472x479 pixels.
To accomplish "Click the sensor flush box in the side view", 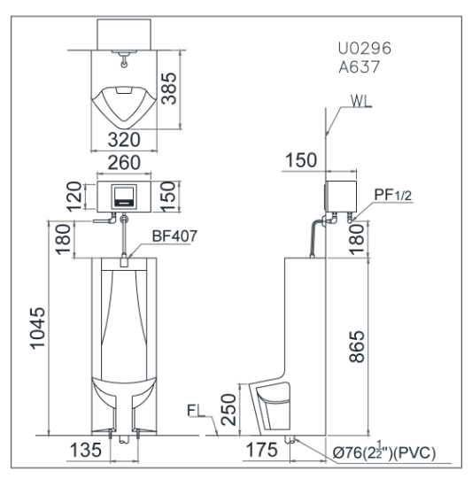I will click(339, 197).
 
